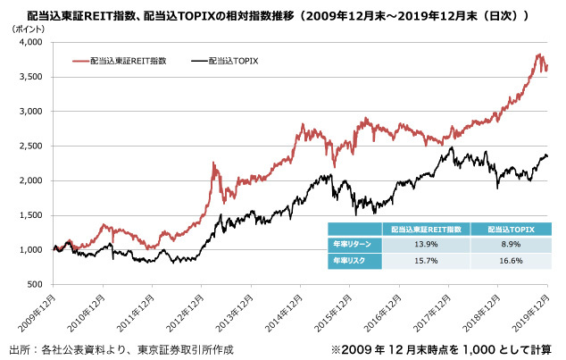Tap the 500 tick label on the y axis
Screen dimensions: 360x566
pos(34,284)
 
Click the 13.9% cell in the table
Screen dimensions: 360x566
pos(424,243)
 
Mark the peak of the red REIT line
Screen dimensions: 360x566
pos(538,54)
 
